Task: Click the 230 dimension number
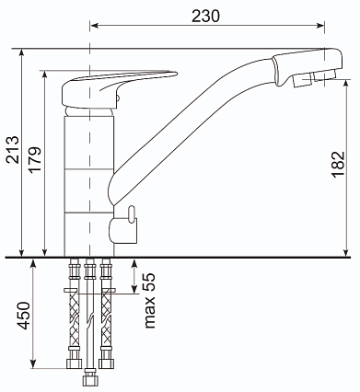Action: point(205,16)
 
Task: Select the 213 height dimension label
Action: point(13,149)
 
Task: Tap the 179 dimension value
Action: point(35,160)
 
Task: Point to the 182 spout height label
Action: point(338,164)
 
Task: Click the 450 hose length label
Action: point(24,316)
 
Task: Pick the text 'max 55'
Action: point(150,300)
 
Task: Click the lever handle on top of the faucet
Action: point(119,89)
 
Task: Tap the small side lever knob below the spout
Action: point(132,213)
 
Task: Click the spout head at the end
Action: point(307,67)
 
